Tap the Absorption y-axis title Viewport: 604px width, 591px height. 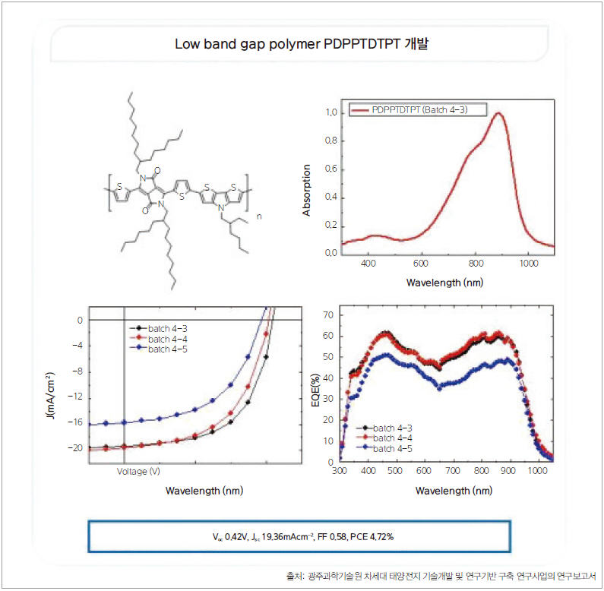coord(307,191)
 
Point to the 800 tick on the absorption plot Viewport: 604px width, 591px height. coord(476,264)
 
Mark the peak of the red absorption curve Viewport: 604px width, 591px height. coord(498,113)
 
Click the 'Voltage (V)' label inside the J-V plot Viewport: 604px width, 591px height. coord(138,471)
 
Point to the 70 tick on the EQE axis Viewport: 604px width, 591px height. coord(329,314)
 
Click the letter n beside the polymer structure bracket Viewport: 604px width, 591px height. coord(259,216)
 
